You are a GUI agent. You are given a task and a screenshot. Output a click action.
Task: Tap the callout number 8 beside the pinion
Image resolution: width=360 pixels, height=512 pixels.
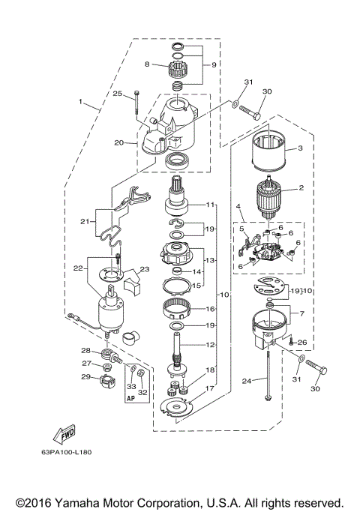pyautogui.click(x=148, y=64)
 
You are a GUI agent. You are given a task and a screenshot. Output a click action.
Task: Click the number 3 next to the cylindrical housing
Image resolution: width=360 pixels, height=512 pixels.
pyautogui.click(x=301, y=148)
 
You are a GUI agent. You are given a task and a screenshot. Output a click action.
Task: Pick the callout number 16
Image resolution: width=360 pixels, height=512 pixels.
pyautogui.click(x=211, y=308)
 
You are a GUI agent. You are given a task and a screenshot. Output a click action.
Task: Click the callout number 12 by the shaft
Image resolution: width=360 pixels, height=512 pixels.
pyautogui.click(x=211, y=344)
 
